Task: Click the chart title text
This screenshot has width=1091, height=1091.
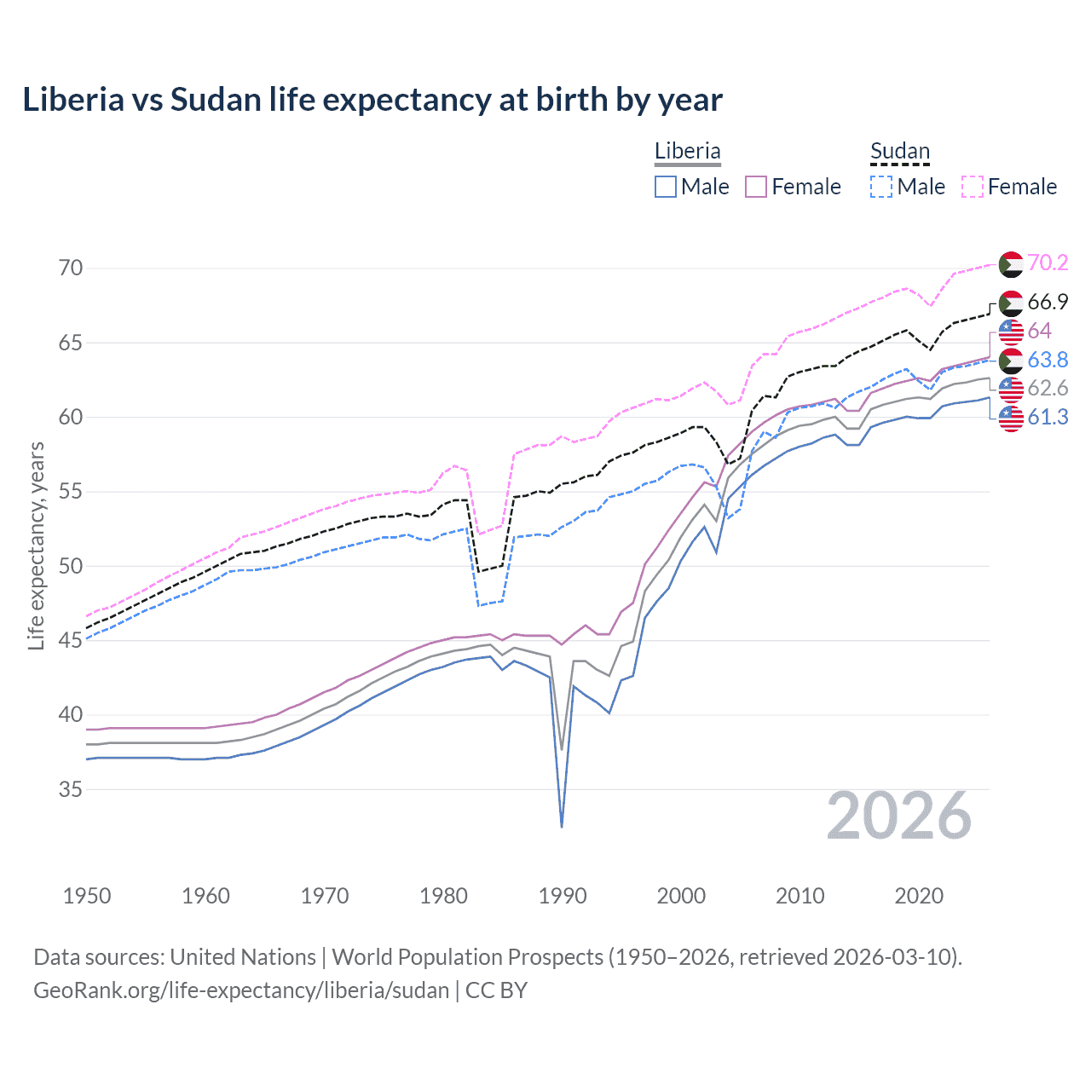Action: pyautogui.click(x=372, y=100)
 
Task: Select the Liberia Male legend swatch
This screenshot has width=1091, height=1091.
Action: pyautogui.click(x=666, y=187)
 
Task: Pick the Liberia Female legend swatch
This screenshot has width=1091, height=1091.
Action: pyautogui.click(x=757, y=187)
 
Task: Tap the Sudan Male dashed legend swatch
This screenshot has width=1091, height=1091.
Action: pyautogui.click(x=881, y=187)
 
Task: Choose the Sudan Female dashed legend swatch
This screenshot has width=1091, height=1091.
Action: pyautogui.click(x=973, y=187)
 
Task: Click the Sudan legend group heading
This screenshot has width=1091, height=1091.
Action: pyautogui.click(x=899, y=151)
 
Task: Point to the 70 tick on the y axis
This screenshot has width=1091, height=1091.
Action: pyautogui.click(x=71, y=268)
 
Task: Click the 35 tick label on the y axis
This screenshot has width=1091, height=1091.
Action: pyautogui.click(x=71, y=789)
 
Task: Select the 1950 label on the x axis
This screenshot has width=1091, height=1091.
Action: pyautogui.click(x=87, y=896)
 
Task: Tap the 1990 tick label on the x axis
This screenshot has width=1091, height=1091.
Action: pyautogui.click(x=563, y=896)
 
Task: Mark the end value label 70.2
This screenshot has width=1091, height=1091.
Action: pyautogui.click(x=1048, y=263)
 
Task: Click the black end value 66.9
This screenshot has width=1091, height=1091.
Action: pyautogui.click(x=1048, y=302)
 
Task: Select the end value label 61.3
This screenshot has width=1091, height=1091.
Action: pyautogui.click(x=1048, y=417)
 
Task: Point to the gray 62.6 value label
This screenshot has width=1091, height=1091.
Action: pyautogui.click(x=1048, y=389)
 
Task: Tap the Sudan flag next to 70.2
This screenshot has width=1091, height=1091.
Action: pyautogui.click(x=1011, y=264)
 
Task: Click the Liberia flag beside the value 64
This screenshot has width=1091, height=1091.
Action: pyautogui.click(x=1011, y=331)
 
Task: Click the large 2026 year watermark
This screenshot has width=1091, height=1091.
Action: pyautogui.click(x=899, y=816)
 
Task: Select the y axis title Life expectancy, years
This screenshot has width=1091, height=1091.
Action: pyautogui.click(x=36, y=545)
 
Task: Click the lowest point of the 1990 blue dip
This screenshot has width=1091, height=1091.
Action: pyautogui.click(x=562, y=827)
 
